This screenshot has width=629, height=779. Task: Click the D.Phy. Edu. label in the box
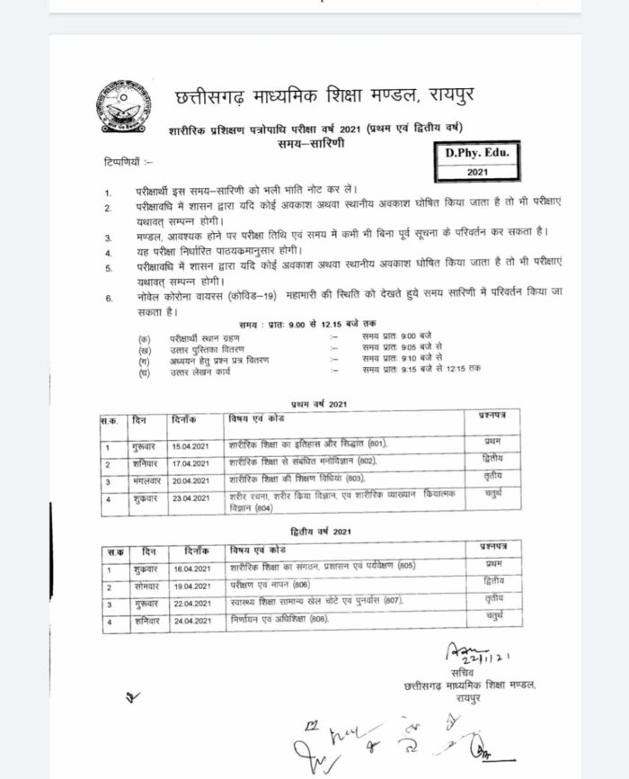coord(476,154)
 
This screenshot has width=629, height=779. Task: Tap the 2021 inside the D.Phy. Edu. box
coord(476,171)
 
